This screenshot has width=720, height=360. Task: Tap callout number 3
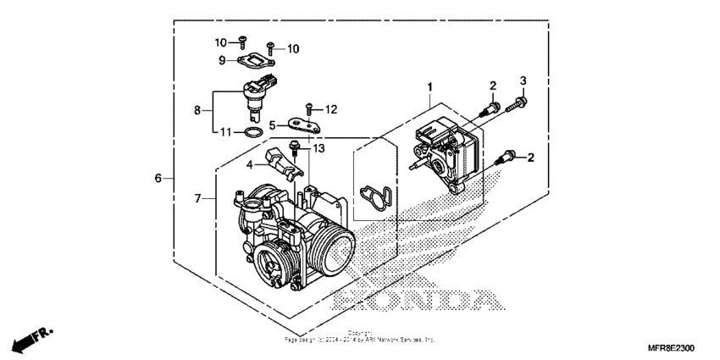pos(523,80)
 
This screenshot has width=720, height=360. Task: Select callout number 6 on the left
pos(158,179)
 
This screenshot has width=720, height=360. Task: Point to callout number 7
pos(199,199)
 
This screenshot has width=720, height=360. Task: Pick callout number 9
pos(222,60)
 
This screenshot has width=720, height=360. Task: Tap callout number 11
pos(225,132)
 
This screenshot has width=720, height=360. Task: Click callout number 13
pos(319,148)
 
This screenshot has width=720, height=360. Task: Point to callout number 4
pos(250,165)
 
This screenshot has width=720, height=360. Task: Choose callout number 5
pos(274,125)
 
